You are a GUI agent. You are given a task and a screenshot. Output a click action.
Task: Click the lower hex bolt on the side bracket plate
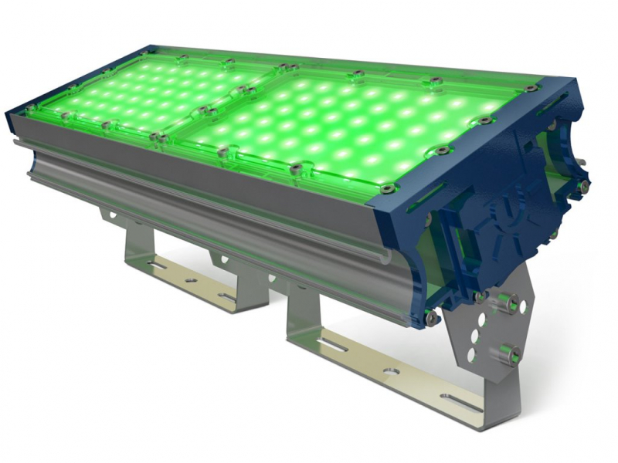coord(506,355)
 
